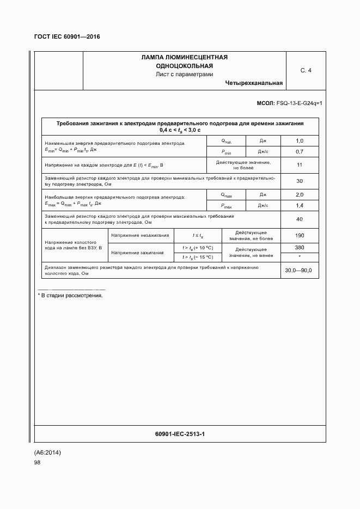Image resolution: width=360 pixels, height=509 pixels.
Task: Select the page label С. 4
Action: click(x=306, y=70)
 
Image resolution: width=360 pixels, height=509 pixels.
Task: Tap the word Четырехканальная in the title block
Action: click(x=254, y=83)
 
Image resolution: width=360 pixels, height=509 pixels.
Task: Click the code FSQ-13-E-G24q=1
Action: click(x=300, y=103)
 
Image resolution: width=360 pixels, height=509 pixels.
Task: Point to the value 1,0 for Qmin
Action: click(x=299, y=141)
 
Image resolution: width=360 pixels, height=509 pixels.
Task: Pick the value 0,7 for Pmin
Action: click(x=299, y=151)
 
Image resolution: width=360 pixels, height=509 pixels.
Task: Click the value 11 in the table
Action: click(x=299, y=165)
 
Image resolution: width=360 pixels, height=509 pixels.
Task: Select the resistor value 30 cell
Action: click(x=299, y=181)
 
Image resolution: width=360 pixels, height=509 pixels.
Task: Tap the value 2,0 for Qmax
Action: click(x=299, y=195)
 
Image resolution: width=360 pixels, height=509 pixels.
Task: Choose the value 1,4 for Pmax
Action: click(x=299, y=205)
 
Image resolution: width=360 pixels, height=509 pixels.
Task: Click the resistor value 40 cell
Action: click(x=299, y=219)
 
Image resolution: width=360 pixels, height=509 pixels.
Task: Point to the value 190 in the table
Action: click(x=299, y=235)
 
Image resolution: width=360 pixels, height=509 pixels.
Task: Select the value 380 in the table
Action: click(x=299, y=248)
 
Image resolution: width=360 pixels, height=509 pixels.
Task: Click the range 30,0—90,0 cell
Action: click(x=298, y=271)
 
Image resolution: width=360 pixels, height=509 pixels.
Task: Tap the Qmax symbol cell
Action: click(x=226, y=195)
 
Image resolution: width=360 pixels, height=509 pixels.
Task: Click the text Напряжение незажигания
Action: click(x=140, y=235)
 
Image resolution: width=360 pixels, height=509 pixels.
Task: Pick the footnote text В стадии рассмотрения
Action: click(x=70, y=296)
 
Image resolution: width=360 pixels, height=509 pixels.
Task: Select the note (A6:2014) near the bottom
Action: click(x=48, y=452)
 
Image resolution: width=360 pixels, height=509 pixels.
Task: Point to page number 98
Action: click(x=37, y=462)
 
